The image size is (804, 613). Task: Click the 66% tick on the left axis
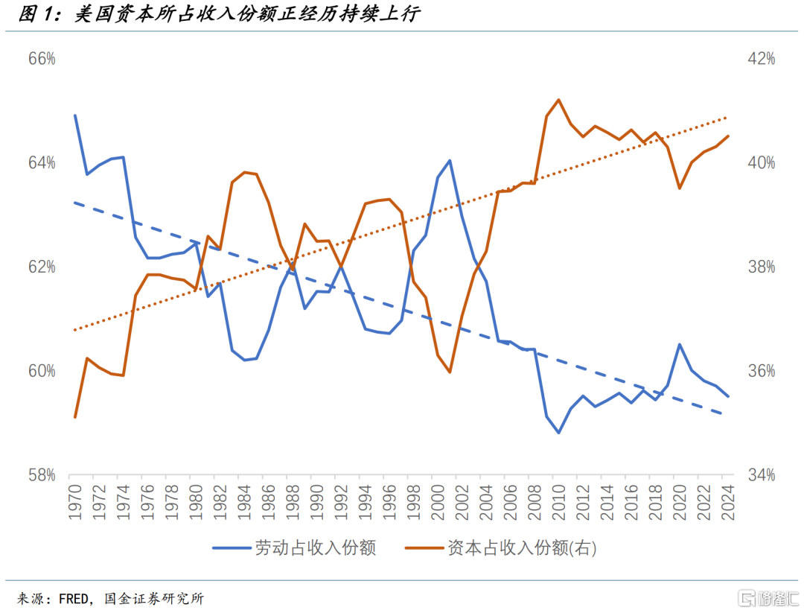click(x=42, y=59)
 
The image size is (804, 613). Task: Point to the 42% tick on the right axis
click(x=761, y=59)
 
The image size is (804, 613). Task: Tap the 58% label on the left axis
click(x=42, y=474)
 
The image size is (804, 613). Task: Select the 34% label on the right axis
click(x=761, y=474)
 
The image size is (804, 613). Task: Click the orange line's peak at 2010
click(x=558, y=99)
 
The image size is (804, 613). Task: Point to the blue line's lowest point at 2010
click(x=558, y=433)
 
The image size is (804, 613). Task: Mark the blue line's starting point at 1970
click(x=75, y=115)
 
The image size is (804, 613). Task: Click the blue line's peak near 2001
click(x=450, y=160)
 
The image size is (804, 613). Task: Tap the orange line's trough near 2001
click(x=450, y=372)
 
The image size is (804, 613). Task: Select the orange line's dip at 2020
click(x=679, y=188)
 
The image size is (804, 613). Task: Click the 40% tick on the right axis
click(x=761, y=162)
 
